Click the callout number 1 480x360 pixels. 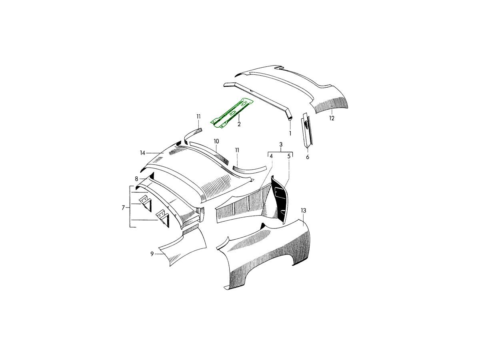point(290,133)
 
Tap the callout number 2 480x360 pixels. point(239,124)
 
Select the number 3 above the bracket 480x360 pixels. point(281,144)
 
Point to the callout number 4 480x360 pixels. point(271,156)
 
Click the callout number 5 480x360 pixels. point(289,156)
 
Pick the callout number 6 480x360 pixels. point(308,157)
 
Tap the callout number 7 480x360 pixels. point(123,208)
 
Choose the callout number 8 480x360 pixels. point(137,179)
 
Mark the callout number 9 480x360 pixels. point(152,254)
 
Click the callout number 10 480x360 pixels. point(216,142)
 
